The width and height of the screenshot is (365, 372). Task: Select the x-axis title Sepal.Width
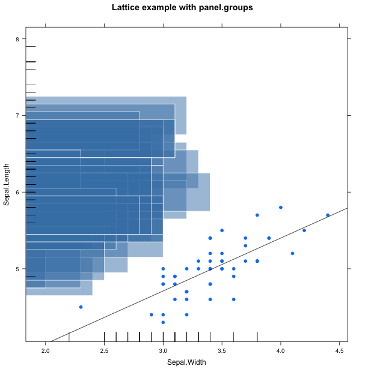pos(187,362)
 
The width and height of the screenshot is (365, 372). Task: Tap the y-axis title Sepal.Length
pos(7,184)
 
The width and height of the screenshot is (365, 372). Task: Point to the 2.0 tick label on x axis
pos(46,350)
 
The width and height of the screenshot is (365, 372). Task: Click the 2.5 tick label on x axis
pos(104,350)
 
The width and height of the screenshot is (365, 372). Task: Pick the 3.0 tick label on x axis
pos(163,350)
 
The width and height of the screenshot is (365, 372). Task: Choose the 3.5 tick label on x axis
pos(222,350)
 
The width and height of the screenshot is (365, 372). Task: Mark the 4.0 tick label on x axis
pos(280,350)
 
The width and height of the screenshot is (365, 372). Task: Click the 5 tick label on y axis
pos(17,269)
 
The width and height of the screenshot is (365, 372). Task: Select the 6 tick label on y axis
pos(17,192)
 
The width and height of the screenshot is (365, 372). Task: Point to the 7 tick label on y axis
pos(17,115)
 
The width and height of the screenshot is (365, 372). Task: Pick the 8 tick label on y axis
pos(17,39)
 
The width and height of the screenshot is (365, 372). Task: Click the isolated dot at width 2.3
pos(81,307)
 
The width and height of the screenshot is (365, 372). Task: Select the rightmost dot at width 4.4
pos(328,215)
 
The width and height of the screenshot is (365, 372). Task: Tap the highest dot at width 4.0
pos(281,207)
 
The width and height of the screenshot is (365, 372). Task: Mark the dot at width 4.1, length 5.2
pos(292,253)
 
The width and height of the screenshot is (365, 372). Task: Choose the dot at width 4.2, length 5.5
pos(304,230)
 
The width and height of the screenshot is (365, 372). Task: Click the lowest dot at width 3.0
pos(163,322)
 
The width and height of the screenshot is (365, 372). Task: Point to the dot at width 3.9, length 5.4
pos(269,238)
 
